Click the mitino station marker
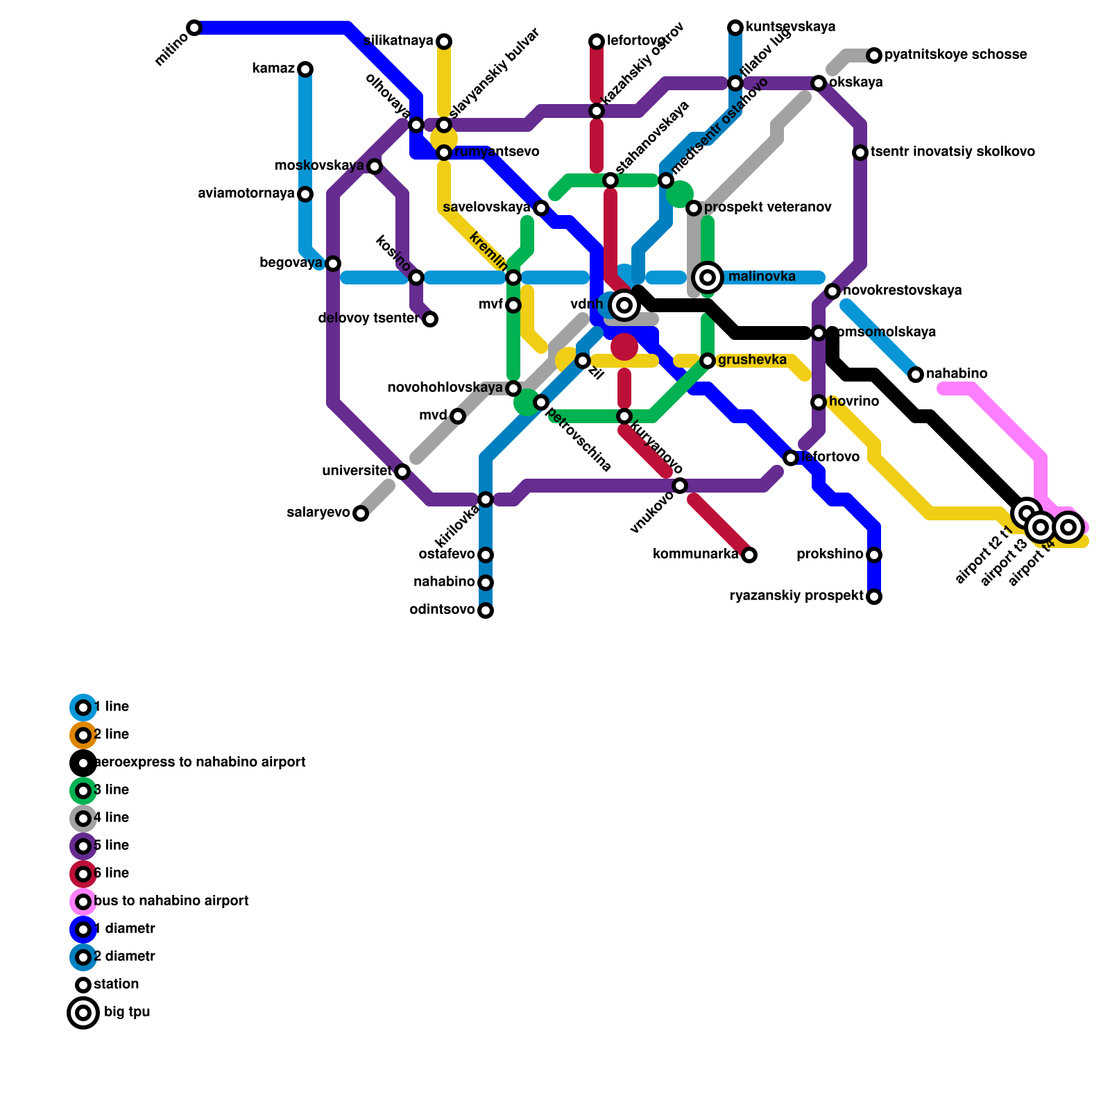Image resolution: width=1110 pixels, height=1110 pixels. (x=194, y=28)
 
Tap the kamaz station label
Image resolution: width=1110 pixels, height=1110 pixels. (x=273, y=69)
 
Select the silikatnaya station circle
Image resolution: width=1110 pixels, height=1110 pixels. (x=444, y=42)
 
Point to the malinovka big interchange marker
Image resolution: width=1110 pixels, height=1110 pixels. (x=708, y=277)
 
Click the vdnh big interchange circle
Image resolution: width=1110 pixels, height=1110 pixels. (x=624, y=305)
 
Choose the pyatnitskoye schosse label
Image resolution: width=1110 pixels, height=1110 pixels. (x=955, y=55)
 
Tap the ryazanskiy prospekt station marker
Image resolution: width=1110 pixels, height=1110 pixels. (x=874, y=597)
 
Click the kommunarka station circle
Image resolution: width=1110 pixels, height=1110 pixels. (x=749, y=555)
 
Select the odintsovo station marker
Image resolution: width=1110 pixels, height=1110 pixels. (x=486, y=610)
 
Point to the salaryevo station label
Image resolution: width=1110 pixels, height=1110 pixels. (x=318, y=513)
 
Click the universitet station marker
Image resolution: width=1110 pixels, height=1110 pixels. (x=402, y=472)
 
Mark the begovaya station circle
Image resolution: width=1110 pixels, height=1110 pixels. (x=333, y=264)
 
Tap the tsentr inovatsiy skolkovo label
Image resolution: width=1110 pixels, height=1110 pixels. (x=953, y=152)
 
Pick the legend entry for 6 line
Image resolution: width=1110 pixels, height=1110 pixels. (x=111, y=873)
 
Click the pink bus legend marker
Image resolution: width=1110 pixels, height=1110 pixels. (x=83, y=902)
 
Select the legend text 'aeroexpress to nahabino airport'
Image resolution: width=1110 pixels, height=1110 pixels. (x=199, y=762)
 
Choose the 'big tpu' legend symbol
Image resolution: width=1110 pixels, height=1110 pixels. (x=83, y=1013)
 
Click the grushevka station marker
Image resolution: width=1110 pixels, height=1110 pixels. (x=708, y=361)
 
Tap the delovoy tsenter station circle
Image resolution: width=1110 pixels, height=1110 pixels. (x=430, y=319)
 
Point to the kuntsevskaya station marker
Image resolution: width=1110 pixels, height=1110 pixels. (x=735, y=28)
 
